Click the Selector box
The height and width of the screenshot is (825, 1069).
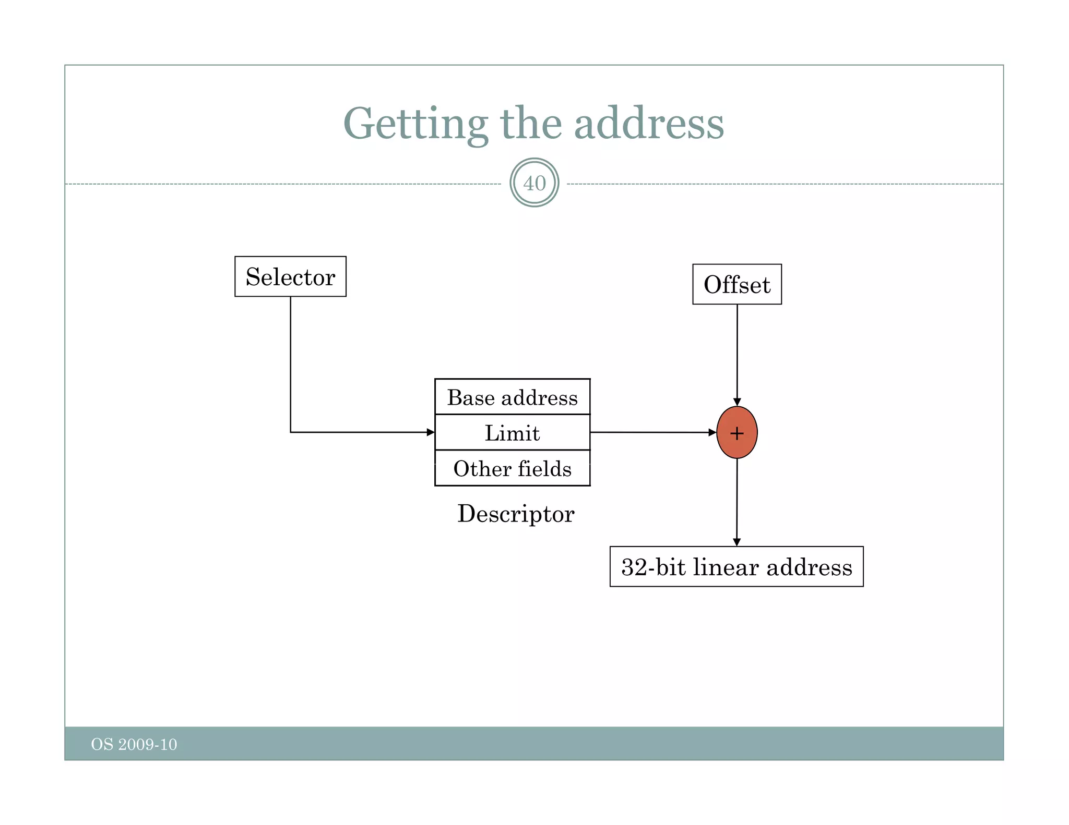(x=290, y=276)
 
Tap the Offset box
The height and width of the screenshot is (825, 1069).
(x=737, y=284)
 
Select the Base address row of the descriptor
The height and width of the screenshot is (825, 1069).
(x=512, y=397)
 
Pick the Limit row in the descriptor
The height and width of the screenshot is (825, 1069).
(x=512, y=433)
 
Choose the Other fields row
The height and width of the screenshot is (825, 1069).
(x=512, y=468)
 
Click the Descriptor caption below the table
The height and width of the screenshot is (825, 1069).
(x=516, y=514)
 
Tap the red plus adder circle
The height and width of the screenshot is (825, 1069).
(x=737, y=432)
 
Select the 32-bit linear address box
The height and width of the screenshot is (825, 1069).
(x=736, y=567)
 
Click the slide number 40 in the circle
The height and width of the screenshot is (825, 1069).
(x=534, y=183)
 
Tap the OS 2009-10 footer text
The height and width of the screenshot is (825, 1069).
(x=134, y=744)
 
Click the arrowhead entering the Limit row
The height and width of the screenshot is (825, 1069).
(x=431, y=432)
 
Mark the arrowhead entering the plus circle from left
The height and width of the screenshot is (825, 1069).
(x=712, y=432)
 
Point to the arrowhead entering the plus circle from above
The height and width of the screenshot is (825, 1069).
(x=737, y=402)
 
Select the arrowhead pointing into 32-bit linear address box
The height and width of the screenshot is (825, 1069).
(x=737, y=542)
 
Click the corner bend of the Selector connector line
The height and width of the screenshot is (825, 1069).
(x=291, y=432)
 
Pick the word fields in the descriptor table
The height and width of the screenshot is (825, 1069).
(x=544, y=468)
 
